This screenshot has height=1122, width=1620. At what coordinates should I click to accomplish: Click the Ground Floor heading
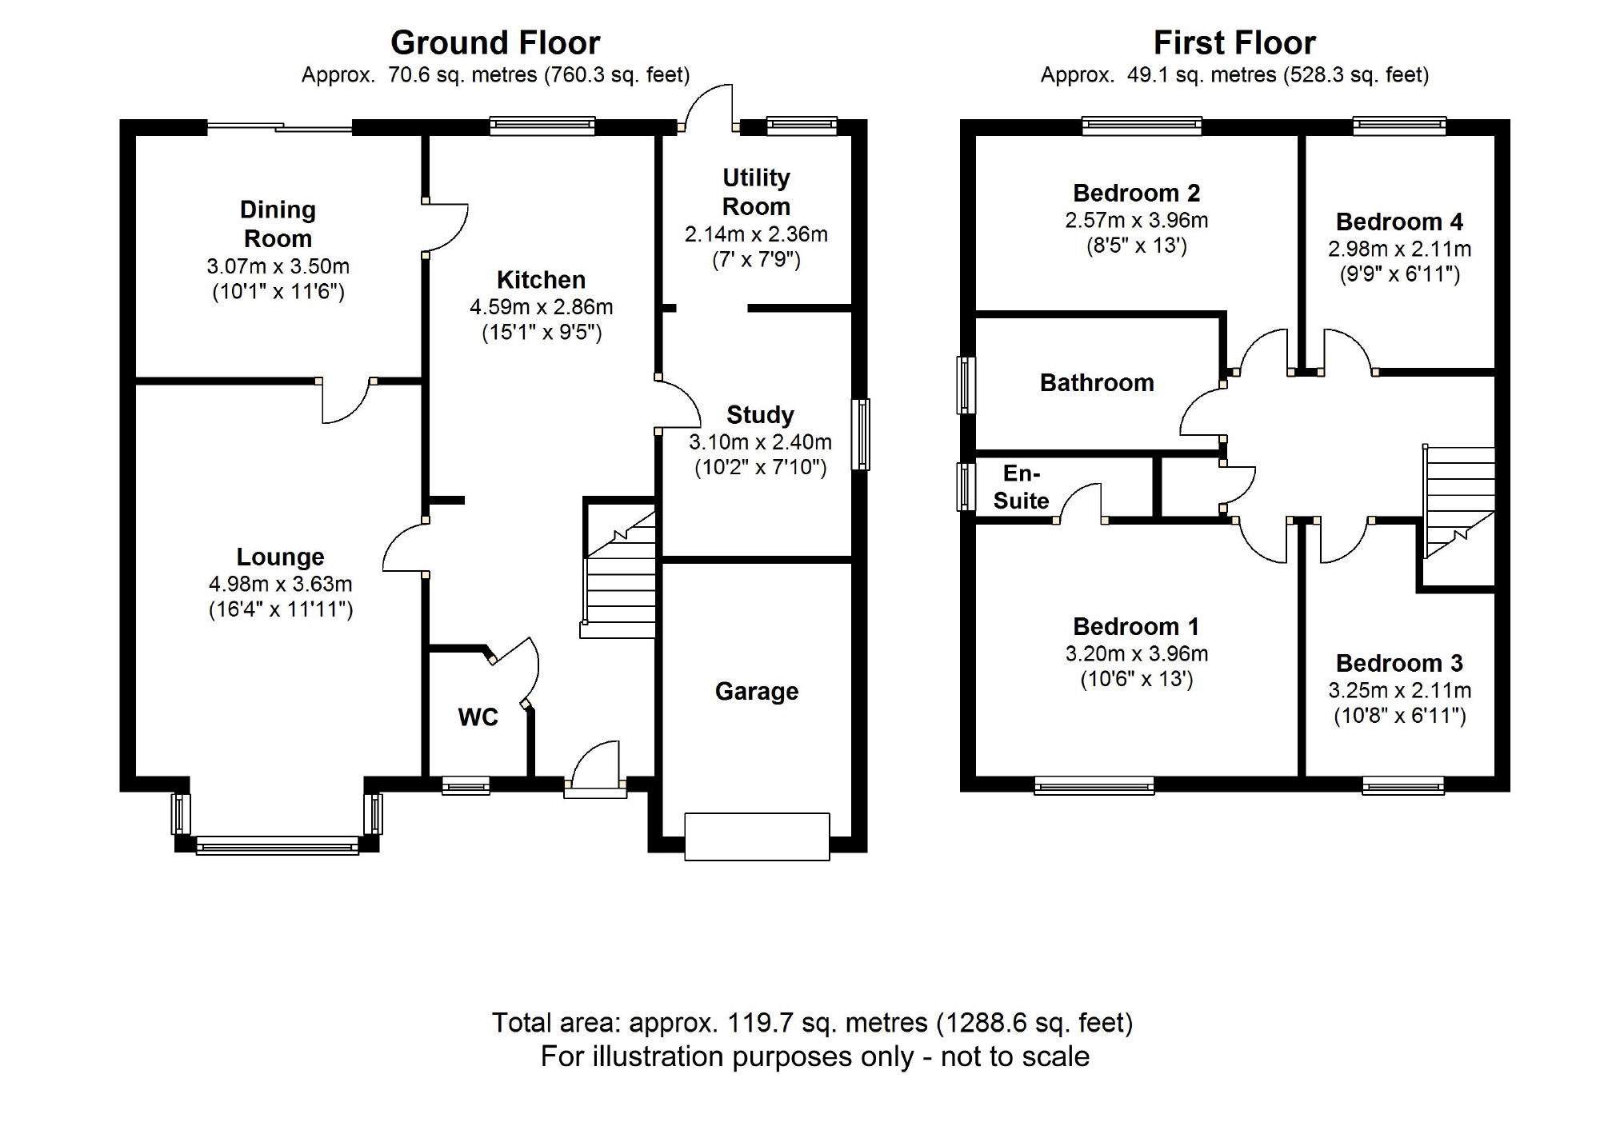click(x=495, y=42)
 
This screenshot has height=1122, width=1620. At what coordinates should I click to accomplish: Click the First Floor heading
click(x=1234, y=42)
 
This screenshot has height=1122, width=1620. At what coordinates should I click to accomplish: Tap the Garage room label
click(x=756, y=691)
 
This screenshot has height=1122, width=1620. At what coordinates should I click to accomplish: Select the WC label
click(x=478, y=717)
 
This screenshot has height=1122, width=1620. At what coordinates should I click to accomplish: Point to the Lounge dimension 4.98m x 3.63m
click(x=280, y=584)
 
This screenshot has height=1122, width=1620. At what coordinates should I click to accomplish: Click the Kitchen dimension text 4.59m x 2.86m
click(x=542, y=307)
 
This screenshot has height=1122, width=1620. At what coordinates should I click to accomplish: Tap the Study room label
click(x=759, y=414)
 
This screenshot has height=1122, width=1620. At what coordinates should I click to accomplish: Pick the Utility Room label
click(x=756, y=192)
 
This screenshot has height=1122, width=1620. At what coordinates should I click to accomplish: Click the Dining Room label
click(x=278, y=224)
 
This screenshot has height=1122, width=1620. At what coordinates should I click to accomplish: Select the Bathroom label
click(x=1096, y=382)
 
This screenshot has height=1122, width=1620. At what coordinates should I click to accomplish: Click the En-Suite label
click(x=1021, y=487)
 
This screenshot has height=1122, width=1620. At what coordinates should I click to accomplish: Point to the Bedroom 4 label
click(x=1399, y=222)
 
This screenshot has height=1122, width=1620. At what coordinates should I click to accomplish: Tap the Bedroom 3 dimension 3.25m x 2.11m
click(x=1399, y=690)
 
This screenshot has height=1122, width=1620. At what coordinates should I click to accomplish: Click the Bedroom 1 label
click(x=1136, y=626)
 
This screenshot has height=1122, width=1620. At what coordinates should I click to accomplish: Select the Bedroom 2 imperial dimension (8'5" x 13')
click(x=1136, y=246)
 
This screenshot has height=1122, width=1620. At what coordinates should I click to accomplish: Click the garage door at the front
click(x=757, y=837)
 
